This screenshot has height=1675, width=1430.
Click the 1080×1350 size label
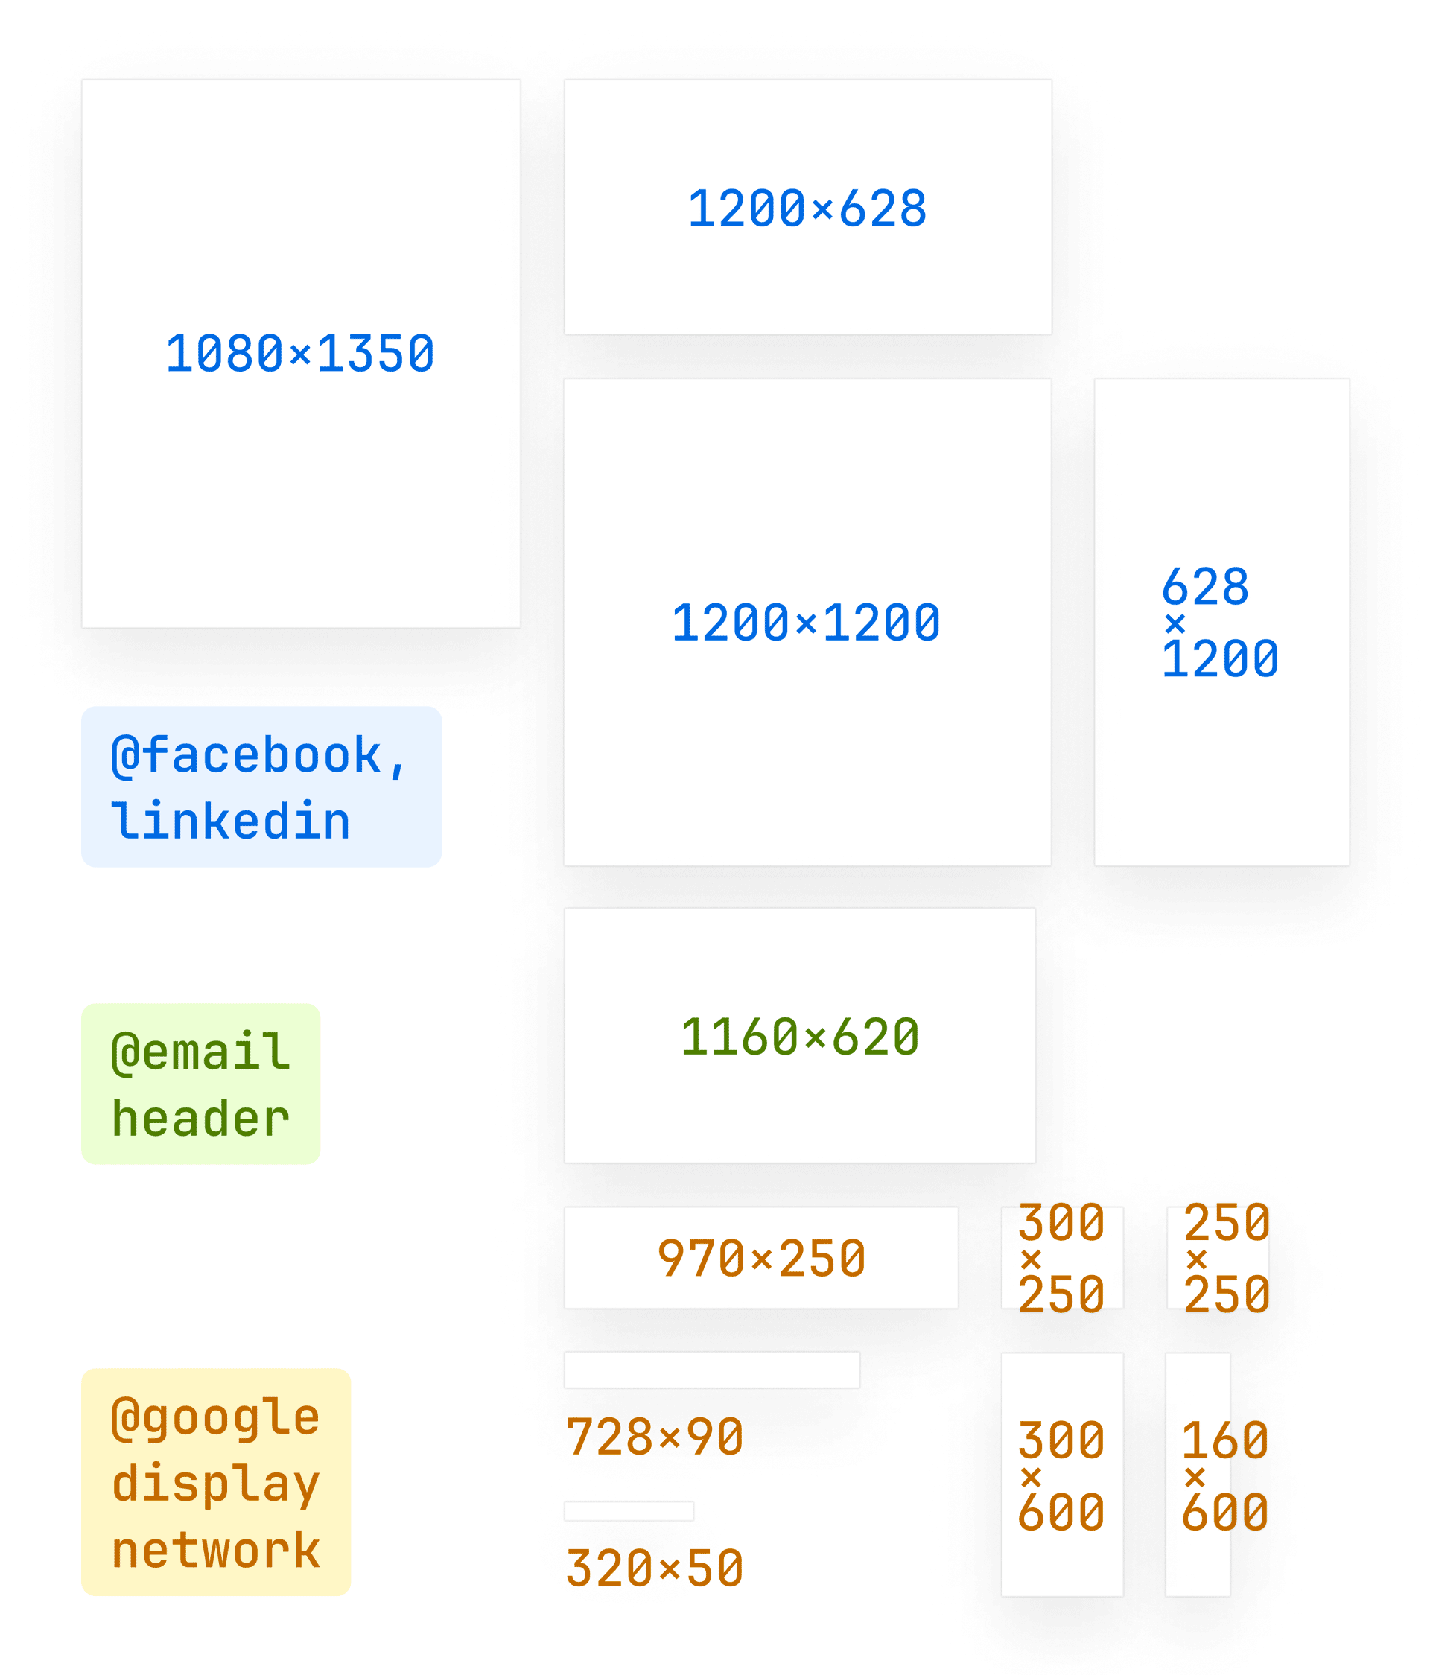300,354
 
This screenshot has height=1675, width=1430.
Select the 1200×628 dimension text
807,209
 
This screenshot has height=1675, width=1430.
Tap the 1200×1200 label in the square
806,623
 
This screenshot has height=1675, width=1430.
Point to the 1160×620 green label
799,1037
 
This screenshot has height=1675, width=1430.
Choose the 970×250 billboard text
761,1259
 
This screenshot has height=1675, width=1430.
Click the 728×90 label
654,1437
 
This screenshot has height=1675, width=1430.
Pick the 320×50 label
654,1569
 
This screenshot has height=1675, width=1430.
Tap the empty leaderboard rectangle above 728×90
711,1370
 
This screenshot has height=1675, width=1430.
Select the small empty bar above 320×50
628,1511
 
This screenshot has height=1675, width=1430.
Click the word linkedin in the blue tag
230,822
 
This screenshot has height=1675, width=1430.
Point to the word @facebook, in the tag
258,756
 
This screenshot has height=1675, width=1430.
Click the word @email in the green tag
200,1052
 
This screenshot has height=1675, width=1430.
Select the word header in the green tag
200,1119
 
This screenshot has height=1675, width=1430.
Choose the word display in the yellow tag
216,1484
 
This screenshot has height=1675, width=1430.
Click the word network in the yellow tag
216,1551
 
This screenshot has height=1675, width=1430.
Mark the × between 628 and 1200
1175,623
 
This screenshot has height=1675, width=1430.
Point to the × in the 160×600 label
1195,1478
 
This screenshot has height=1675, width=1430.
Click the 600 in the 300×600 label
1061,1513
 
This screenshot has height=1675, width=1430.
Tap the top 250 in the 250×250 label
1226,1223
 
